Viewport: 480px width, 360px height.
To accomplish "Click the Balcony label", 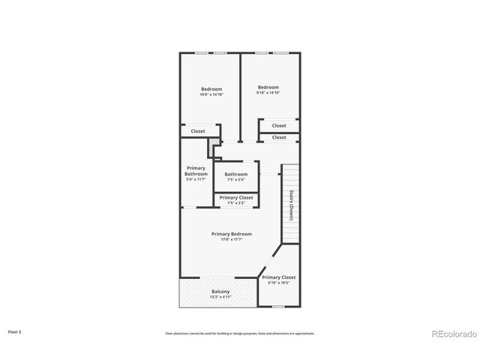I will click(220, 291).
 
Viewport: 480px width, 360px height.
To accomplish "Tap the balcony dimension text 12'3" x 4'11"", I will click(220, 297).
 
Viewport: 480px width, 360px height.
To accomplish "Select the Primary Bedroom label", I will click(231, 234).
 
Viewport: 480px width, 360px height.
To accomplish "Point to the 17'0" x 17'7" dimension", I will click(231, 240).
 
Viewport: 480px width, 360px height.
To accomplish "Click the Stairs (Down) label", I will click(290, 205).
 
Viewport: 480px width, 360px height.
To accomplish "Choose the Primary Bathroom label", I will click(196, 171).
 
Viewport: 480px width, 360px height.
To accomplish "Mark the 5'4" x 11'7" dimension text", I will click(196, 180).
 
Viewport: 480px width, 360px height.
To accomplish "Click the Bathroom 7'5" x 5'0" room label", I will click(235, 174).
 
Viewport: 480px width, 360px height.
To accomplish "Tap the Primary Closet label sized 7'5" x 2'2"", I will click(236, 197).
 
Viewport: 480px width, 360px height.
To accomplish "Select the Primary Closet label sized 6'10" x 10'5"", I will click(279, 277).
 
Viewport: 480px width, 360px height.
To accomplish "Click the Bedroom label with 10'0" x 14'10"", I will click(211, 89).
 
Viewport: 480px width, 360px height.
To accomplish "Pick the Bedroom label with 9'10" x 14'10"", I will click(268, 87).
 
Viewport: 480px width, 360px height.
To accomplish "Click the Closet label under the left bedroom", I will click(198, 131).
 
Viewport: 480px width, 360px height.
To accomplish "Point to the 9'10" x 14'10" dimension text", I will click(268, 93).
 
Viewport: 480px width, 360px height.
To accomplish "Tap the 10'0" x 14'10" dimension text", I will click(211, 94).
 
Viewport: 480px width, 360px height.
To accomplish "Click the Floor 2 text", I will click(15, 331).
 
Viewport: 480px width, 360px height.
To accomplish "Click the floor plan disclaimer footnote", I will click(240, 334).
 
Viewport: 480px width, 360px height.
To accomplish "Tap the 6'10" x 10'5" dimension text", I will click(279, 283).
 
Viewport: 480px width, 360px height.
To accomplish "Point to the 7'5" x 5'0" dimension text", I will click(235, 180).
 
